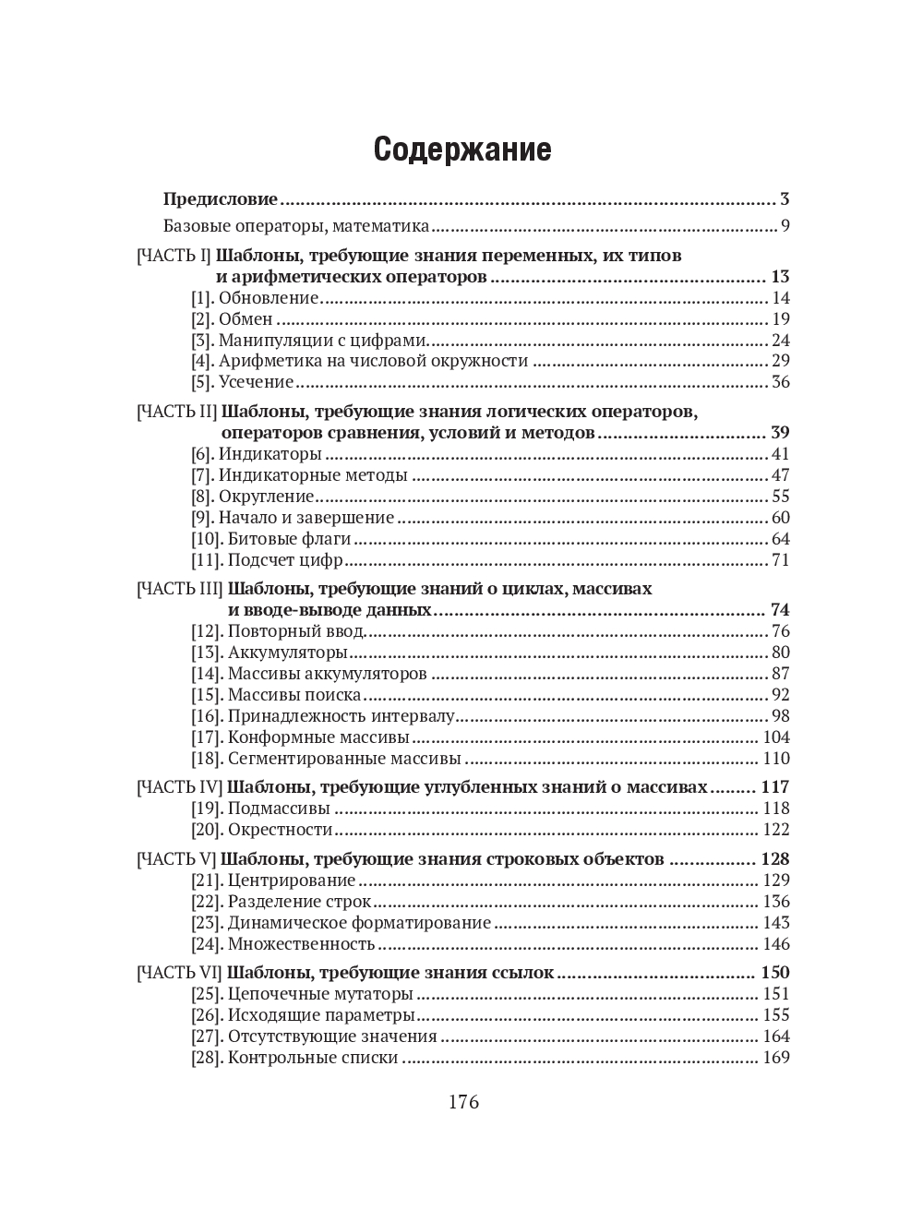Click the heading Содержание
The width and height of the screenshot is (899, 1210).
click(x=462, y=150)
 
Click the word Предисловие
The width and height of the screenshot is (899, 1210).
click(x=220, y=199)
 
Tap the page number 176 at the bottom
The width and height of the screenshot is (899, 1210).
click(x=463, y=1102)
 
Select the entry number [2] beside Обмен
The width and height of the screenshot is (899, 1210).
click(x=202, y=319)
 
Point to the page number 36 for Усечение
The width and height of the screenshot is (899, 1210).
click(x=781, y=382)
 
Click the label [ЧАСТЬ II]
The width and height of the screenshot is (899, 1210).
click(x=176, y=412)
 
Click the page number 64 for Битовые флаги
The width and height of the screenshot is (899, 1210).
click(x=781, y=539)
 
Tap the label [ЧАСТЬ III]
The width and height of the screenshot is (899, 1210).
click(x=179, y=589)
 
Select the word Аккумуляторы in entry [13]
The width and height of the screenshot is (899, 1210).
click(x=287, y=653)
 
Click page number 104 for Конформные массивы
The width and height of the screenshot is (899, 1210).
click(x=776, y=737)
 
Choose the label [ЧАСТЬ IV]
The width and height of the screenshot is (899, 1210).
click(x=179, y=787)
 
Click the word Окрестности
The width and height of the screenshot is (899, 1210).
click(x=280, y=830)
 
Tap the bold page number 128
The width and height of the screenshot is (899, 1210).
click(x=775, y=859)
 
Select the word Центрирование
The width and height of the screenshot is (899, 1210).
click(x=292, y=881)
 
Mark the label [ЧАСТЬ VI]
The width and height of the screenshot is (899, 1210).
click(x=179, y=973)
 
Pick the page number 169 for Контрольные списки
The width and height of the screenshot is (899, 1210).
click(x=776, y=1058)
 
